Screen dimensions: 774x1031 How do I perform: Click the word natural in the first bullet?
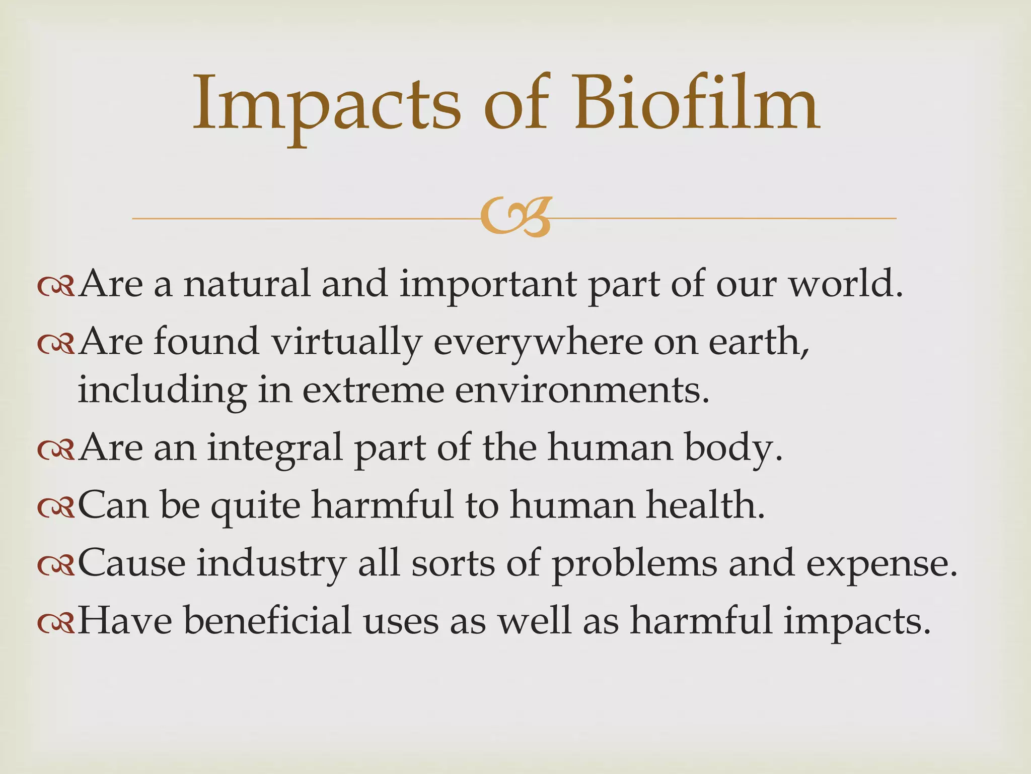pyautogui.click(x=247, y=284)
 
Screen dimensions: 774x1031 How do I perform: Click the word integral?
pyautogui.click(x=275, y=448)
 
